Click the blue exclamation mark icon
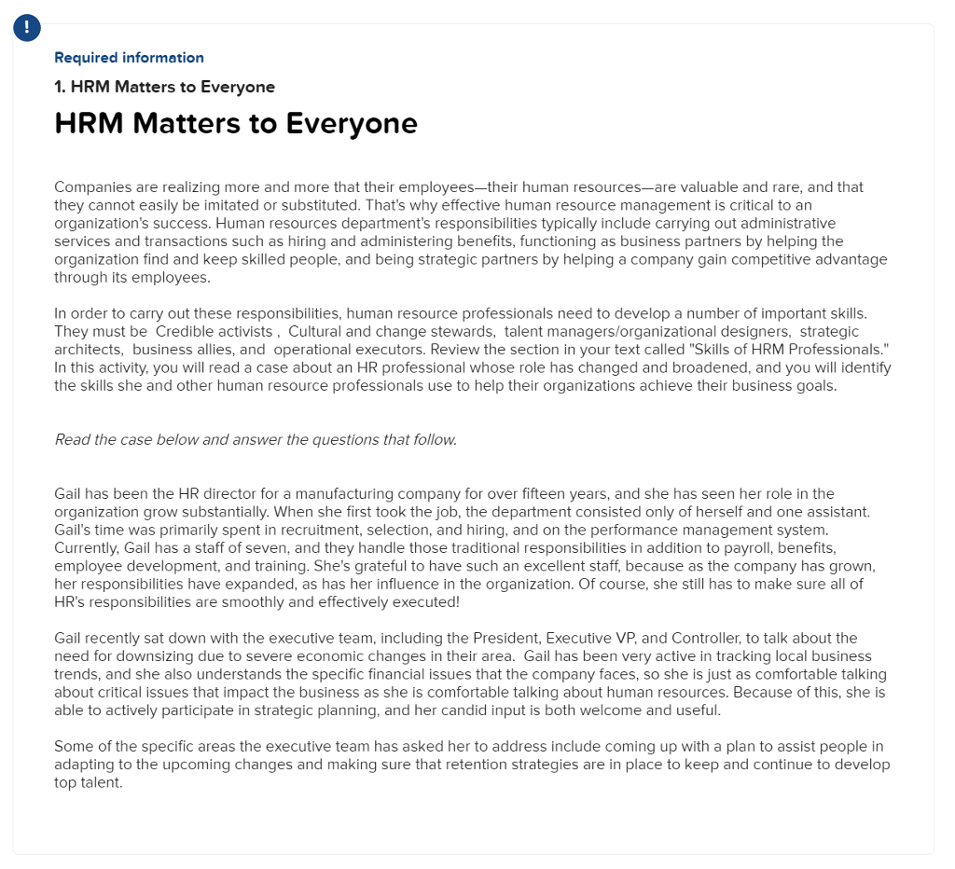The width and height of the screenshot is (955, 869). pyautogui.click(x=27, y=28)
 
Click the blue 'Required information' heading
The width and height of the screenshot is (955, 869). pyautogui.click(x=129, y=58)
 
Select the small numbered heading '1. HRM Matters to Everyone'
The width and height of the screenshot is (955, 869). pyautogui.click(x=164, y=87)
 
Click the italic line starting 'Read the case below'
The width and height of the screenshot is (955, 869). pyautogui.click(x=256, y=440)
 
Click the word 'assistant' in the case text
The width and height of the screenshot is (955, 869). pyautogui.click(x=835, y=512)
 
